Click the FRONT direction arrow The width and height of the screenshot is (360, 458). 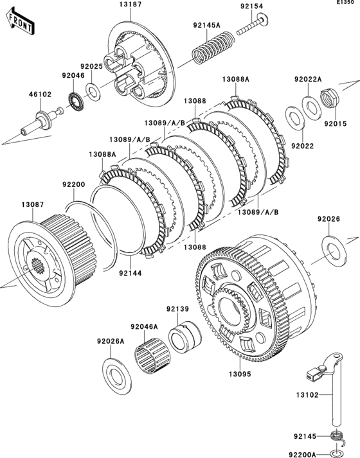20,22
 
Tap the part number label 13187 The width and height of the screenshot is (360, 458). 130,4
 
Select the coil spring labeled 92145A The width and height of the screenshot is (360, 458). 213,48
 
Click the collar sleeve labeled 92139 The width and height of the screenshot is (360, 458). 185,337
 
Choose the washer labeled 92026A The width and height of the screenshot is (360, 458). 117,376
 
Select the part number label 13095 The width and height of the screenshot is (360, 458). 240,374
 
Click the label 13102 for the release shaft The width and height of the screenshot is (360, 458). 307,395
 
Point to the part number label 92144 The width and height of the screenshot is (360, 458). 130,274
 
